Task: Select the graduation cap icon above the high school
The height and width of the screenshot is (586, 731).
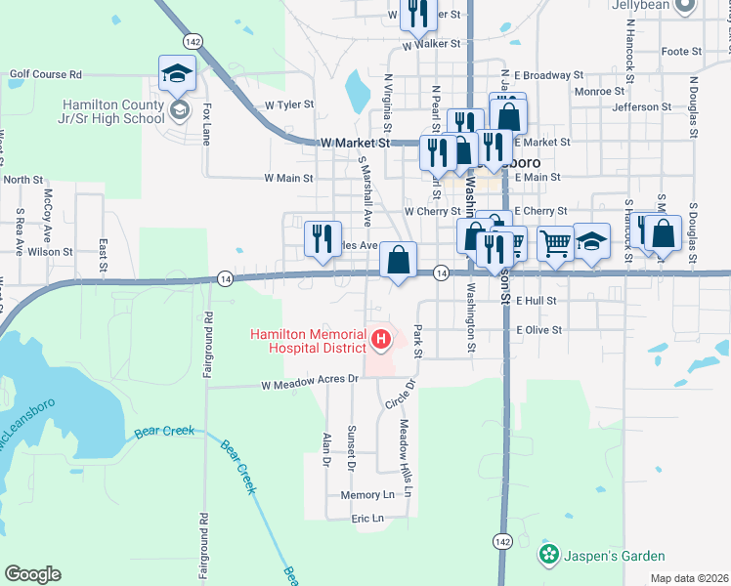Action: (x=177, y=73)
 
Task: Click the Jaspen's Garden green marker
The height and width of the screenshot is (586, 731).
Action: (x=548, y=556)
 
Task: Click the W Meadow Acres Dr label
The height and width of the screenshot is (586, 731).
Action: (x=305, y=386)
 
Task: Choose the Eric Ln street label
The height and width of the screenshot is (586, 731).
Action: (x=367, y=519)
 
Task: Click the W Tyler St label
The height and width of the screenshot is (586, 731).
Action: (x=288, y=104)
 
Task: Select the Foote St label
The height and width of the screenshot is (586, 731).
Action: (x=681, y=51)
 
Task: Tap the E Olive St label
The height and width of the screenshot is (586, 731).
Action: (x=539, y=330)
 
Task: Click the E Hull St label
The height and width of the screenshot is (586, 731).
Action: (x=536, y=301)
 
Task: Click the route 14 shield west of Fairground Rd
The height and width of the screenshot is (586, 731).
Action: (x=225, y=278)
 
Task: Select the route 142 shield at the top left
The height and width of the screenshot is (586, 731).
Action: (x=193, y=41)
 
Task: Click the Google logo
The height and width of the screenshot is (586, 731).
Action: (x=32, y=574)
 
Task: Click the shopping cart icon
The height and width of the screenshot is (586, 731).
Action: (x=555, y=244)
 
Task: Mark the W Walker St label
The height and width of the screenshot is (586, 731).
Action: (x=430, y=45)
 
